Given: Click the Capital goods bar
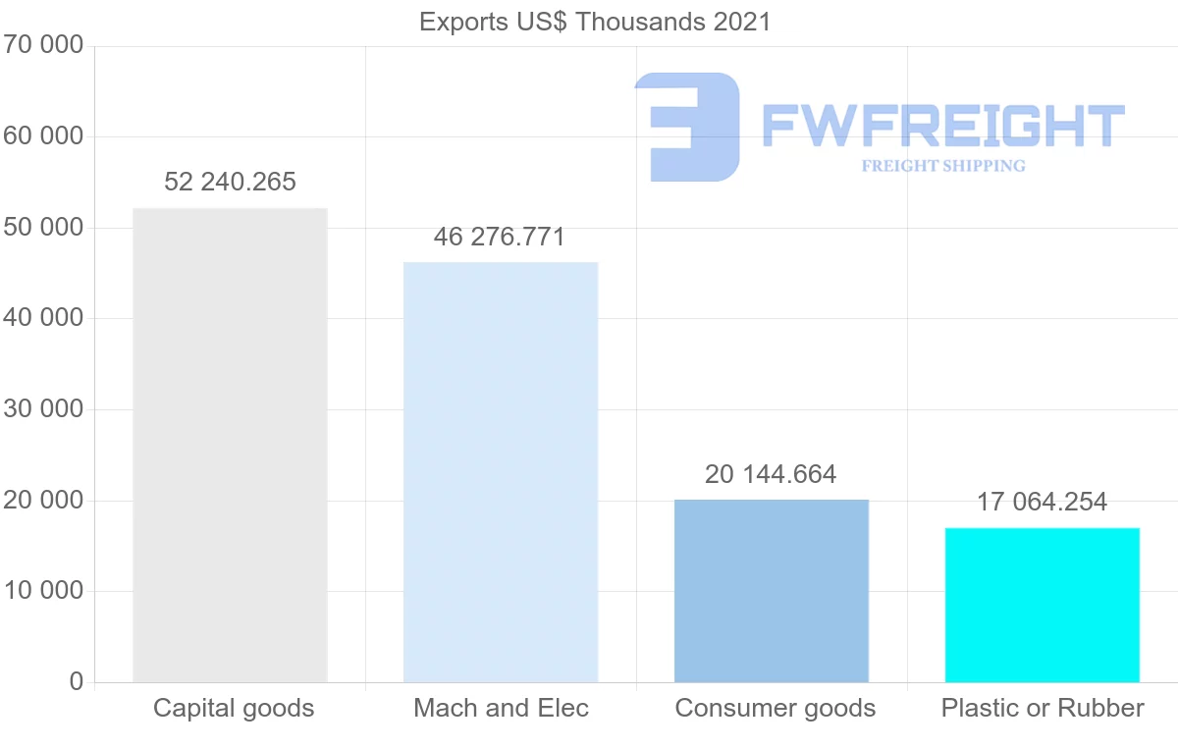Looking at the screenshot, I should (230, 445).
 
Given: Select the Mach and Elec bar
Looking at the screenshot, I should (501, 472).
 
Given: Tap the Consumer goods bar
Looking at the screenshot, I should (772, 591).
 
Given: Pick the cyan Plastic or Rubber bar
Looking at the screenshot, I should (1043, 605).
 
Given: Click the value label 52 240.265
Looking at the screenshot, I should (230, 182).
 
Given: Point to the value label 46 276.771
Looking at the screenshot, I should (500, 237).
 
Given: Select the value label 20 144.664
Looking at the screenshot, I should (771, 475).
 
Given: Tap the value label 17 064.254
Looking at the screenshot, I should (1042, 503).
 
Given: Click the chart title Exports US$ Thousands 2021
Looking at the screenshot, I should (595, 22).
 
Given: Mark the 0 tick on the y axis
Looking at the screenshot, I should (77, 681).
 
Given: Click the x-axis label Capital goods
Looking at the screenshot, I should (234, 708).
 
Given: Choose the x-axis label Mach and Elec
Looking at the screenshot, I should (502, 708).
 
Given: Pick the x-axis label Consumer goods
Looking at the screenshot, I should (776, 708).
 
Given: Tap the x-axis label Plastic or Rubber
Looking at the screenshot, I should (1043, 708).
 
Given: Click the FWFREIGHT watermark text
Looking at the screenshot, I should (942, 126).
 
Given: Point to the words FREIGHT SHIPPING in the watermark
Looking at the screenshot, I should (943, 166).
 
